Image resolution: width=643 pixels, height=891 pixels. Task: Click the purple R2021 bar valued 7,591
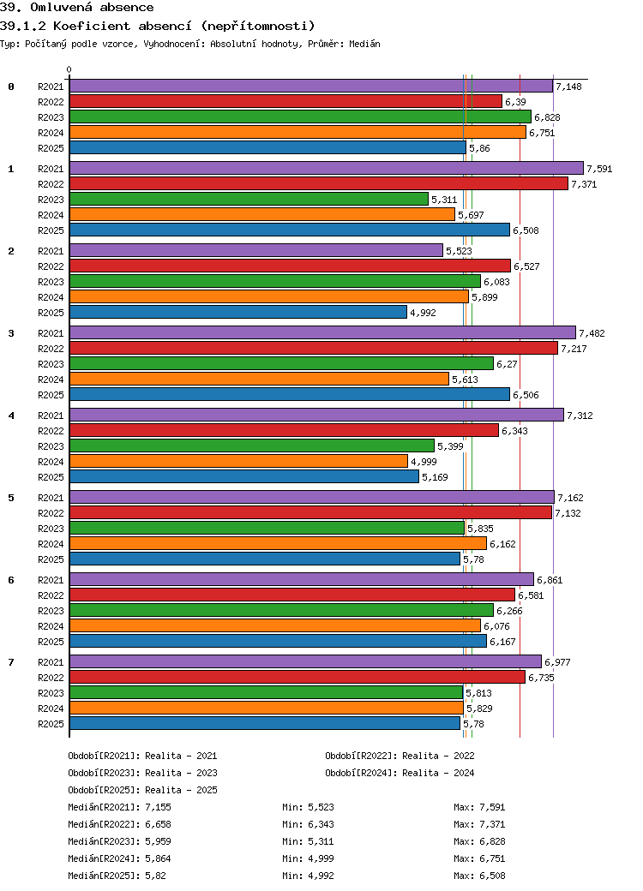coord(327,168)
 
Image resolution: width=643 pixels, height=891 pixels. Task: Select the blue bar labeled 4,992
coord(238,312)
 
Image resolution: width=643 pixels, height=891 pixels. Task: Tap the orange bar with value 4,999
coord(239,461)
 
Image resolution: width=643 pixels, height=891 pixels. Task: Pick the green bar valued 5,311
coord(249,199)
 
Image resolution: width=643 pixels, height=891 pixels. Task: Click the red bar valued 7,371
coord(319,183)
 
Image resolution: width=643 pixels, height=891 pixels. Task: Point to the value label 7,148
coord(568,87)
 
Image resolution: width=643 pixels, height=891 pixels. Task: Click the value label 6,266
coord(509,611)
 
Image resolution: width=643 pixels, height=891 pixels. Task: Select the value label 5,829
coord(479,709)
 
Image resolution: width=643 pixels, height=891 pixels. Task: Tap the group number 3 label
coord(11,333)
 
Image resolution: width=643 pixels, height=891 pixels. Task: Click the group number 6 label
coord(11,580)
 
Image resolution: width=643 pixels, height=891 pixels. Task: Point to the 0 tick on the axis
coord(69,70)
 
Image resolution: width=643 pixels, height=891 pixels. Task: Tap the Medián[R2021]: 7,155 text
coord(119,807)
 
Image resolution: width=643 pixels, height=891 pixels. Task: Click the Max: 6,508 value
coord(479,876)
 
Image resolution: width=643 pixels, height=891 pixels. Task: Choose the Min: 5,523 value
coord(308,807)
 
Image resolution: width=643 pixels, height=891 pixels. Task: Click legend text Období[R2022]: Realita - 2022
coord(400,756)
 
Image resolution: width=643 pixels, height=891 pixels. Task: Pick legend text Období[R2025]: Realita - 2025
coord(142,790)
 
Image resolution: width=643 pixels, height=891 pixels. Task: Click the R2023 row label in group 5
coord(51,529)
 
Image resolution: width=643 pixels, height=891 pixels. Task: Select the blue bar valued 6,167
coord(278,641)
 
